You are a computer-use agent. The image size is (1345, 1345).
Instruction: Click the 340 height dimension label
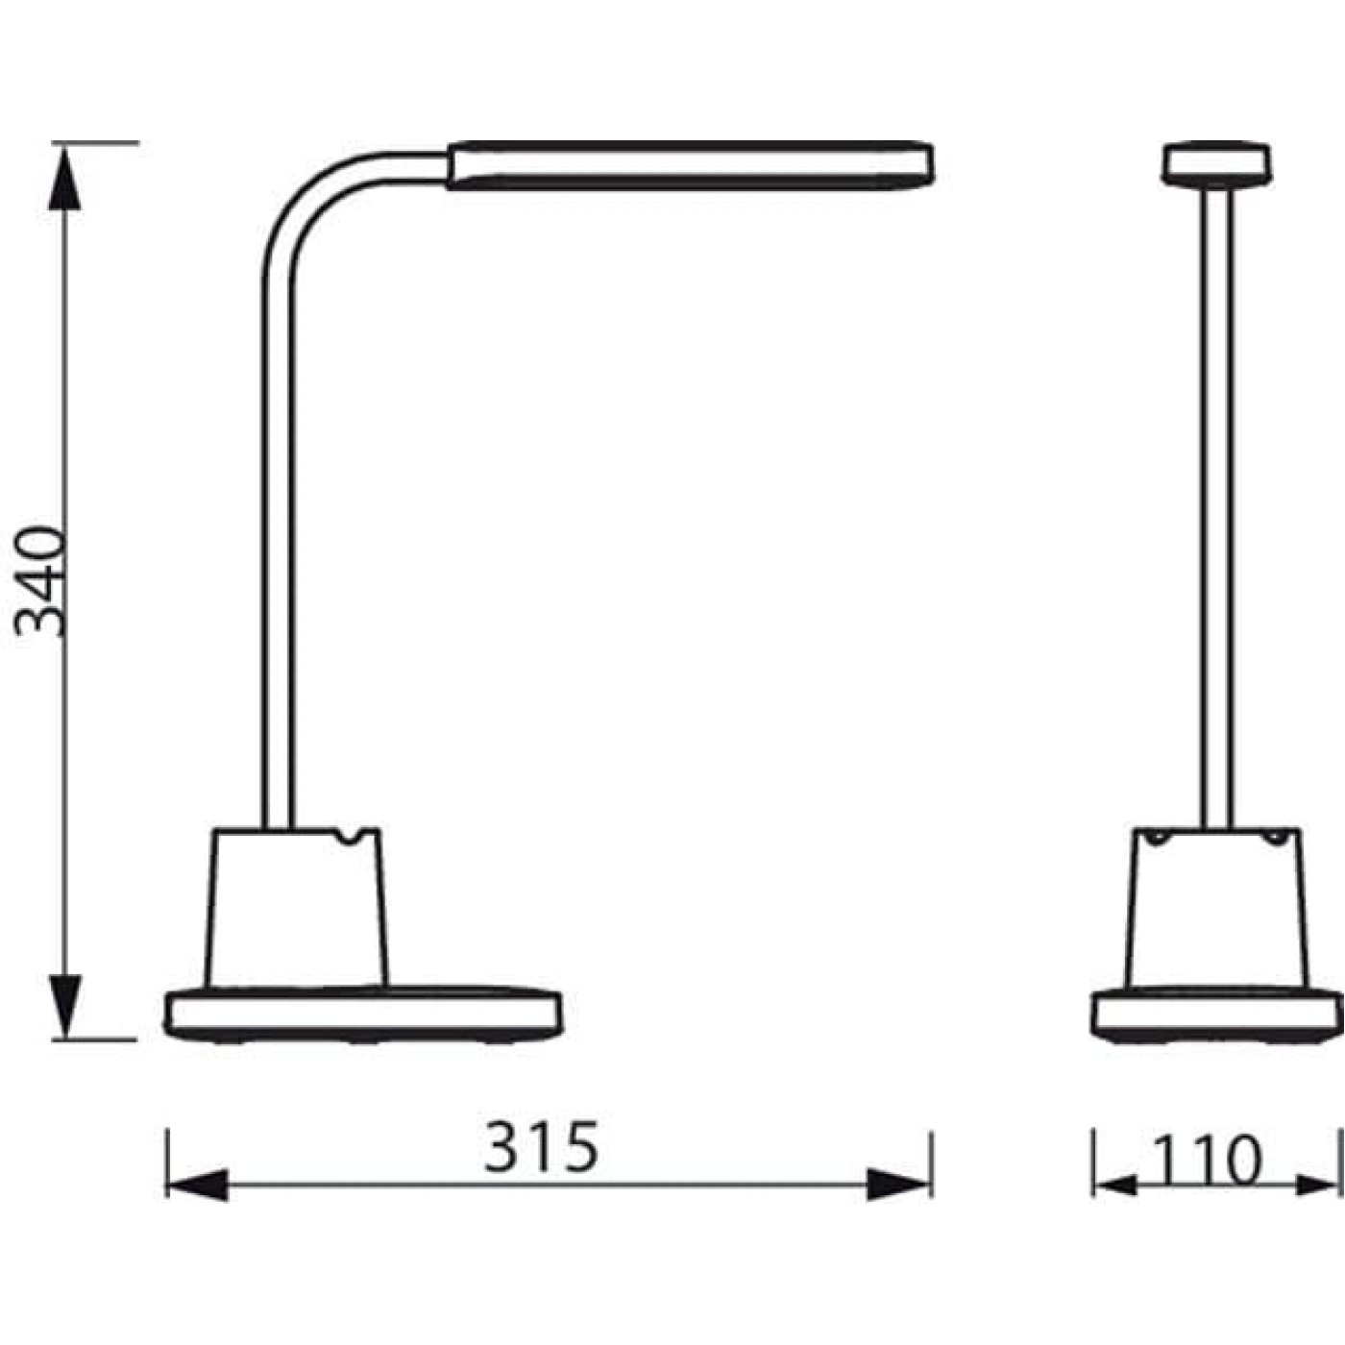click(x=43, y=581)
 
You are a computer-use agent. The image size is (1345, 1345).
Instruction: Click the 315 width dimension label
click(x=541, y=1147)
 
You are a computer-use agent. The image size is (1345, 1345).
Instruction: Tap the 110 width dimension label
click(x=1206, y=1161)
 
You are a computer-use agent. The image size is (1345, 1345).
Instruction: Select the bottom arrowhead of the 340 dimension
click(x=64, y=1005)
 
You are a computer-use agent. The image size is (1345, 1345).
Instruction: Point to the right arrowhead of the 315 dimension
click(x=899, y=1185)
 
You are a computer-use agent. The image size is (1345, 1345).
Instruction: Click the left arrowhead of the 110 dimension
click(x=1114, y=1185)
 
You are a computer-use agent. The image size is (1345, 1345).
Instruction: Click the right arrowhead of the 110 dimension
click(x=1316, y=1185)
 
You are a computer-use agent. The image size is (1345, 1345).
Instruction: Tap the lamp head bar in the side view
click(x=690, y=165)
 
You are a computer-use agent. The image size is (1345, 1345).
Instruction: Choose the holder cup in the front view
click(x=1216, y=908)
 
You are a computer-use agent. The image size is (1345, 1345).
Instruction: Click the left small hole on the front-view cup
click(x=1159, y=839)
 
